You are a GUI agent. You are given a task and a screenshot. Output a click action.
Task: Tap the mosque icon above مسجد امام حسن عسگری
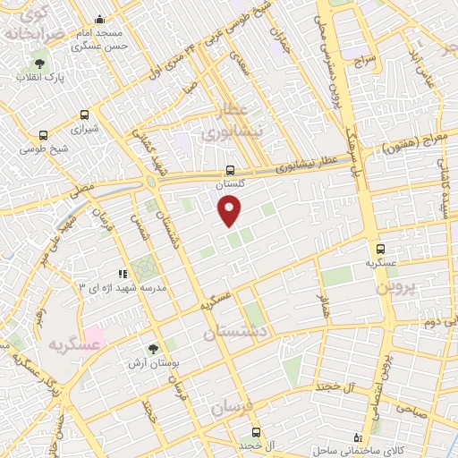pyautogui.click(x=99, y=20)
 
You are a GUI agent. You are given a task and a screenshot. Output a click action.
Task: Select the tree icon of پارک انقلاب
pyautogui.click(x=38, y=63)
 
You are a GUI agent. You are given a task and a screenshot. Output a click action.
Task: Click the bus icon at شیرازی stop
pyautogui.click(x=85, y=114)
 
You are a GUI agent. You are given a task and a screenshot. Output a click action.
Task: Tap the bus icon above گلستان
pyautogui.click(x=231, y=169)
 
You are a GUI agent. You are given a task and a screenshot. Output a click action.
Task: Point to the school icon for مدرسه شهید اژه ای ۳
pyautogui.click(x=123, y=274)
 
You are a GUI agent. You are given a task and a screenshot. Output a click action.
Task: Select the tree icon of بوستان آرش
pyautogui.click(x=152, y=348)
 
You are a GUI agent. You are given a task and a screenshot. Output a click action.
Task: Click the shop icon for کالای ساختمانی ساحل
pyautogui.click(x=359, y=437)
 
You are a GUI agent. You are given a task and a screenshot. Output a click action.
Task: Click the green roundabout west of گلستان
pyautogui.click(x=150, y=182)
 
